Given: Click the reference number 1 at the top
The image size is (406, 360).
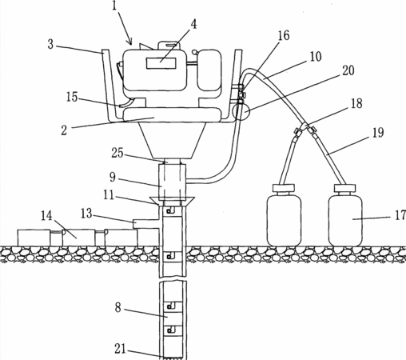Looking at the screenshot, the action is [114, 6].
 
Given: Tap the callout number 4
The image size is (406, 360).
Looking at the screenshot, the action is [193, 24].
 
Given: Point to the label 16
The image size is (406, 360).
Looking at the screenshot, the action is [284, 35].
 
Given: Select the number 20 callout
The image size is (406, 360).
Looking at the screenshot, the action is [348, 70].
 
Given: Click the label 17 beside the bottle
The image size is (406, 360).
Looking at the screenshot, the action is [400, 215].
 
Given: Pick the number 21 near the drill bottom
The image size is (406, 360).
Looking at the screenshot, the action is [120, 349].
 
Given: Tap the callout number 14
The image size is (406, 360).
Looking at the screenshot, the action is [46, 216].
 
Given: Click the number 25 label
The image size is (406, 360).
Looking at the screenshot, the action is [117, 153].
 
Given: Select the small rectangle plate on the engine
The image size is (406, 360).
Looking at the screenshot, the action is [161, 63].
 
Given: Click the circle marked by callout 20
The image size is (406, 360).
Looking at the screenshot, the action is [241, 112].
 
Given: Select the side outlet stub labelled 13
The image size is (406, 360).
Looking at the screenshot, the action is [145, 224].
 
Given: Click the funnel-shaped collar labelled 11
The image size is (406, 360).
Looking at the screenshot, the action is [172, 201].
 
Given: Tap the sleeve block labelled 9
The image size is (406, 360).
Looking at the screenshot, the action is [172, 182].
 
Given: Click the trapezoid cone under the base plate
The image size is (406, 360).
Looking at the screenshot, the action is [173, 140].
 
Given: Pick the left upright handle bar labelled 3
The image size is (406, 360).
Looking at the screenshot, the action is [109, 85].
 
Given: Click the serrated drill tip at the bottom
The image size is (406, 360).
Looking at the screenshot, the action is [173, 358].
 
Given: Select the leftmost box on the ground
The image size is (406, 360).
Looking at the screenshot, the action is [34, 238].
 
